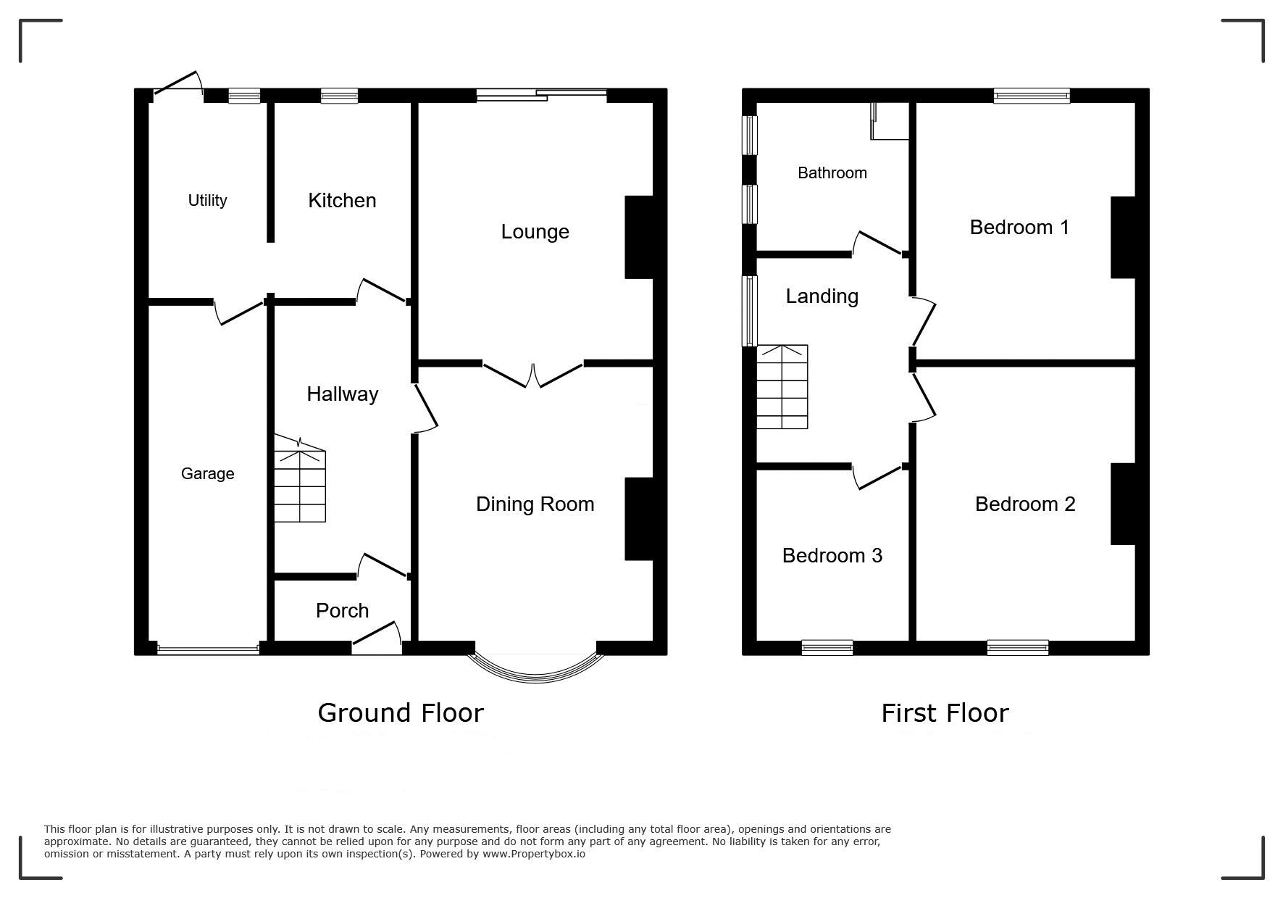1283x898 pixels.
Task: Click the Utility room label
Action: pyautogui.click(x=207, y=201)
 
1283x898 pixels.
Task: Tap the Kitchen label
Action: pyautogui.click(x=342, y=201)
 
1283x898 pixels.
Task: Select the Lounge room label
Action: pyautogui.click(x=535, y=232)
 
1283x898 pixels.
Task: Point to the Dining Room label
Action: pyautogui.click(x=535, y=504)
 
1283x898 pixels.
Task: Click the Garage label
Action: pyautogui.click(x=207, y=474)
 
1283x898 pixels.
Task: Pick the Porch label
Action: pyautogui.click(x=342, y=611)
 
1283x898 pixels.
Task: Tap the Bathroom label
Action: pyautogui.click(x=832, y=173)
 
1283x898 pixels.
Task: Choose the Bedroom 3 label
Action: pyautogui.click(x=832, y=556)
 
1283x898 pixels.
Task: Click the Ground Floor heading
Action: pyautogui.click(x=401, y=713)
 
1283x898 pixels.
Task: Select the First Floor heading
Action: pyautogui.click(x=945, y=713)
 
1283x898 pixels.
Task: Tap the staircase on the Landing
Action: pyautogui.click(x=782, y=387)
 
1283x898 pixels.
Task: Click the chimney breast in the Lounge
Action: pyautogui.click(x=639, y=237)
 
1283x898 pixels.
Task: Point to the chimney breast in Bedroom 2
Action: pyautogui.click(x=1123, y=504)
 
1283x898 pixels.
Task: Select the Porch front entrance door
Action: pyautogui.click(x=377, y=635)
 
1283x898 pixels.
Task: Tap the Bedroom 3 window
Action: pyautogui.click(x=827, y=648)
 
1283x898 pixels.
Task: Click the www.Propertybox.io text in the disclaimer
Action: pyautogui.click(x=534, y=854)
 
